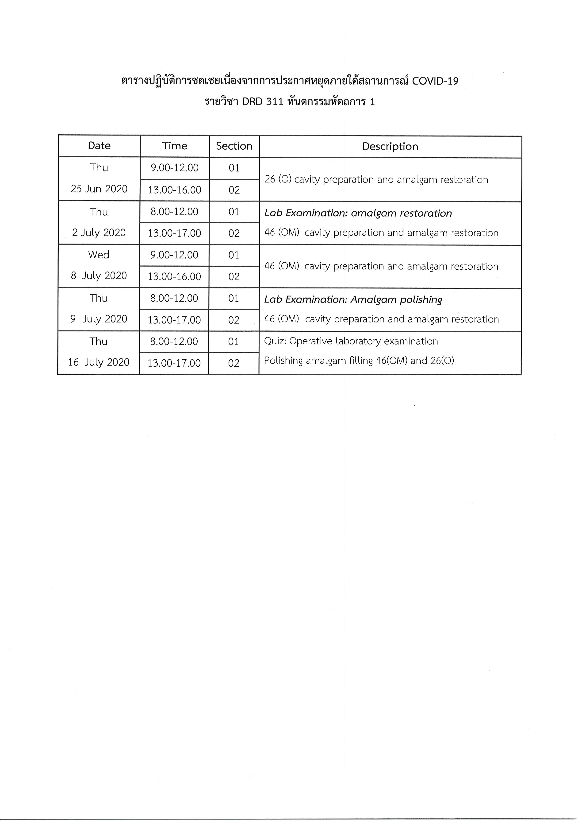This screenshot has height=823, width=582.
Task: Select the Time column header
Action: point(175,146)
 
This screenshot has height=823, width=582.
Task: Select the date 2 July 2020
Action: point(99,233)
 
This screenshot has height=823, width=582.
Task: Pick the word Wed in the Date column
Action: point(99,255)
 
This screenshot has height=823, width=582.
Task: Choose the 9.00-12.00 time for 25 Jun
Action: point(175,168)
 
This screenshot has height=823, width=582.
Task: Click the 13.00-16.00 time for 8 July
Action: point(175,276)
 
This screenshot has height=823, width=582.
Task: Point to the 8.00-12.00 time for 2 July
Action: point(175,212)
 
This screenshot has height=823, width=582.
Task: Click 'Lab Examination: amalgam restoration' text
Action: point(358,213)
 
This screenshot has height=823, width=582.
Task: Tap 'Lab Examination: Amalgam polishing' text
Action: point(353,299)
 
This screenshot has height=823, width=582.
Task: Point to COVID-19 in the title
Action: point(435,82)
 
